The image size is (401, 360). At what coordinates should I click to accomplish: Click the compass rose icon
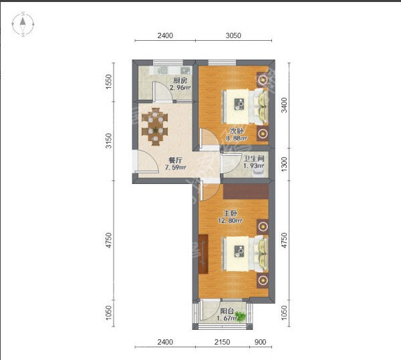tap(23, 24)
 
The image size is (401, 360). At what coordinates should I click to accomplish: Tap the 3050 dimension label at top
tap(233, 35)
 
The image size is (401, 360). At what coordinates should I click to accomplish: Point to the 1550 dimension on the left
tap(109, 82)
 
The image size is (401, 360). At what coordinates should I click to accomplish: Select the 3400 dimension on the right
tap(284, 105)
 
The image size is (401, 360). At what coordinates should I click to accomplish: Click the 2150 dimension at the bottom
tap(222, 342)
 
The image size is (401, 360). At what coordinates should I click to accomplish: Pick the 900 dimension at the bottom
tap(261, 342)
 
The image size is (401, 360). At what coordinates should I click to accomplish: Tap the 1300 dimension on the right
tap(284, 164)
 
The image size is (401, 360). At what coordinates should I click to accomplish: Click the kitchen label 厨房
tap(180, 81)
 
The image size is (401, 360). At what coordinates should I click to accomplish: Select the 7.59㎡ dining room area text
tap(175, 168)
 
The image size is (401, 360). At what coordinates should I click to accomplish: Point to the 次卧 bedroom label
tap(237, 131)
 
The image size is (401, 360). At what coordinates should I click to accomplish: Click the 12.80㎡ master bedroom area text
tap(230, 220)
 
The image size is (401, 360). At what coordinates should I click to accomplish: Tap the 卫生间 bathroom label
tap(254, 159)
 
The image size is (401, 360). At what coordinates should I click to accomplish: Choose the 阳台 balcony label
tap(227, 311)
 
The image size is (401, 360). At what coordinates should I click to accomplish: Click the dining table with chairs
tap(155, 126)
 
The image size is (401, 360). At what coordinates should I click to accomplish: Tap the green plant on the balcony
tap(241, 316)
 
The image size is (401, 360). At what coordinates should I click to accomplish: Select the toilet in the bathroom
tap(257, 173)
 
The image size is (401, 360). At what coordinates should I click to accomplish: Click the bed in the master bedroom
tap(245, 254)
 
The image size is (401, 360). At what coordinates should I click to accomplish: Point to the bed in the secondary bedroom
tap(245, 106)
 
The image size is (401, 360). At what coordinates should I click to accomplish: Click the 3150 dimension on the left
tap(109, 141)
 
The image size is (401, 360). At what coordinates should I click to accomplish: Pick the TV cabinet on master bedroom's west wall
tap(204, 254)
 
